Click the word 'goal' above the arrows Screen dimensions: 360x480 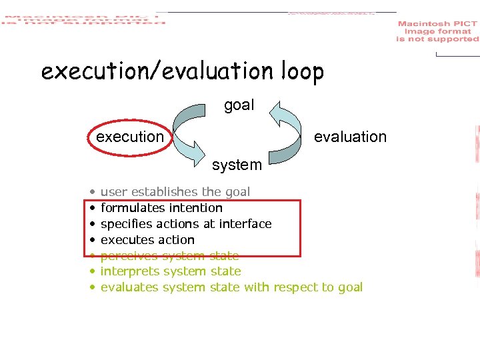[x=239, y=105]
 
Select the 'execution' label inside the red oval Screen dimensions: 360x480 [x=130, y=137]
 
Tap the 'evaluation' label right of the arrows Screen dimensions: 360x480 [x=350, y=137]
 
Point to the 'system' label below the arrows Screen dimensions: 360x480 [x=237, y=164]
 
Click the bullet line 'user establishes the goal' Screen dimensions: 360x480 [x=175, y=192]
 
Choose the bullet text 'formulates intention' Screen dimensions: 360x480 [x=161, y=208]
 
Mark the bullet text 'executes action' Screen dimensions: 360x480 [x=147, y=240]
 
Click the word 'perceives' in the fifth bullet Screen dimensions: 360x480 [x=129, y=255]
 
